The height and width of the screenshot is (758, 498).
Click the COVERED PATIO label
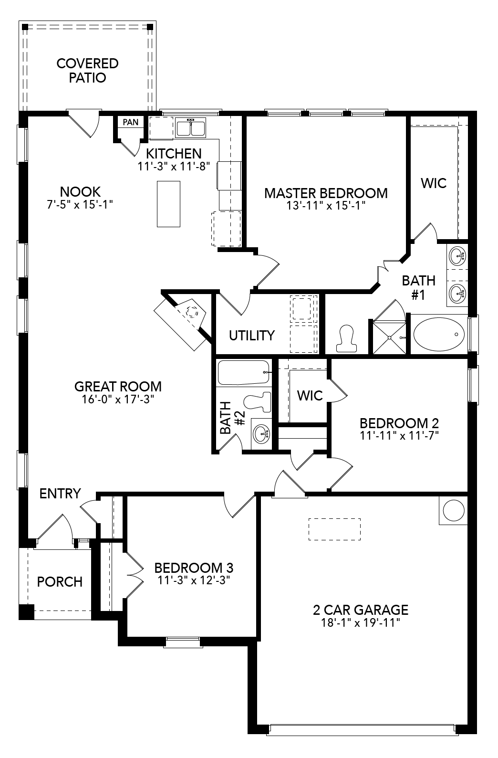click(87, 70)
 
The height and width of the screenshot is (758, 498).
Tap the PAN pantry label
click(130, 122)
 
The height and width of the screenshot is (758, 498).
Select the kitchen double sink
click(190, 128)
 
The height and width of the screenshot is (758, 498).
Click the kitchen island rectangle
click(168, 204)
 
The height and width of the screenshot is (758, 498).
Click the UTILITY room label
click(251, 336)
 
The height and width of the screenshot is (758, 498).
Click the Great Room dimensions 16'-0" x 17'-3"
click(118, 399)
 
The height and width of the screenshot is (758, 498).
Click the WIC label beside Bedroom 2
click(310, 395)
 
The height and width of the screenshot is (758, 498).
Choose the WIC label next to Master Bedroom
click(433, 183)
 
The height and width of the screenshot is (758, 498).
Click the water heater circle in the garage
click(453, 511)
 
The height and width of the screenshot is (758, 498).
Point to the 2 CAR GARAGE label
click(360, 610)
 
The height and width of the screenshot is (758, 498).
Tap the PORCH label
click(60, 582)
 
